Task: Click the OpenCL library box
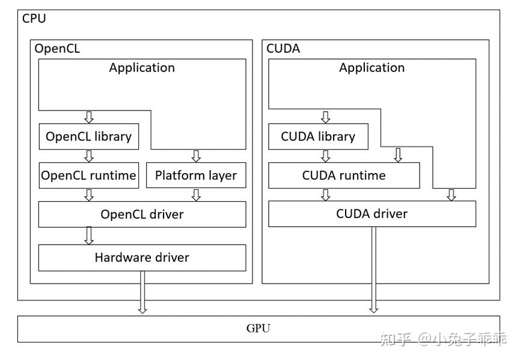(88, 136)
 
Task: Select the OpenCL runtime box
(88, 175)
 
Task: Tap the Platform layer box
(196, 175)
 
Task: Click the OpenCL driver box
(142, 214)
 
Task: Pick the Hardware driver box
(142, 257)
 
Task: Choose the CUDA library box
(318, 136)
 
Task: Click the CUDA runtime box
(343, 175)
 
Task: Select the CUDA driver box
(372, 213)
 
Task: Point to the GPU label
(258, 328)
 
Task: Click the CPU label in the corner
(34, 19)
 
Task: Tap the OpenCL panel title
(57, 49)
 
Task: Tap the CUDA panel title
(283, 49)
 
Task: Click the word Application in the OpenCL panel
(142, 67)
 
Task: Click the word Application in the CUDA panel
(372, 67)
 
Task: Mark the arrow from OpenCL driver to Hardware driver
(89, 236)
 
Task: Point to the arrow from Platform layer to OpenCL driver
(196, 195)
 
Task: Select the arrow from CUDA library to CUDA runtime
(326, 156)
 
